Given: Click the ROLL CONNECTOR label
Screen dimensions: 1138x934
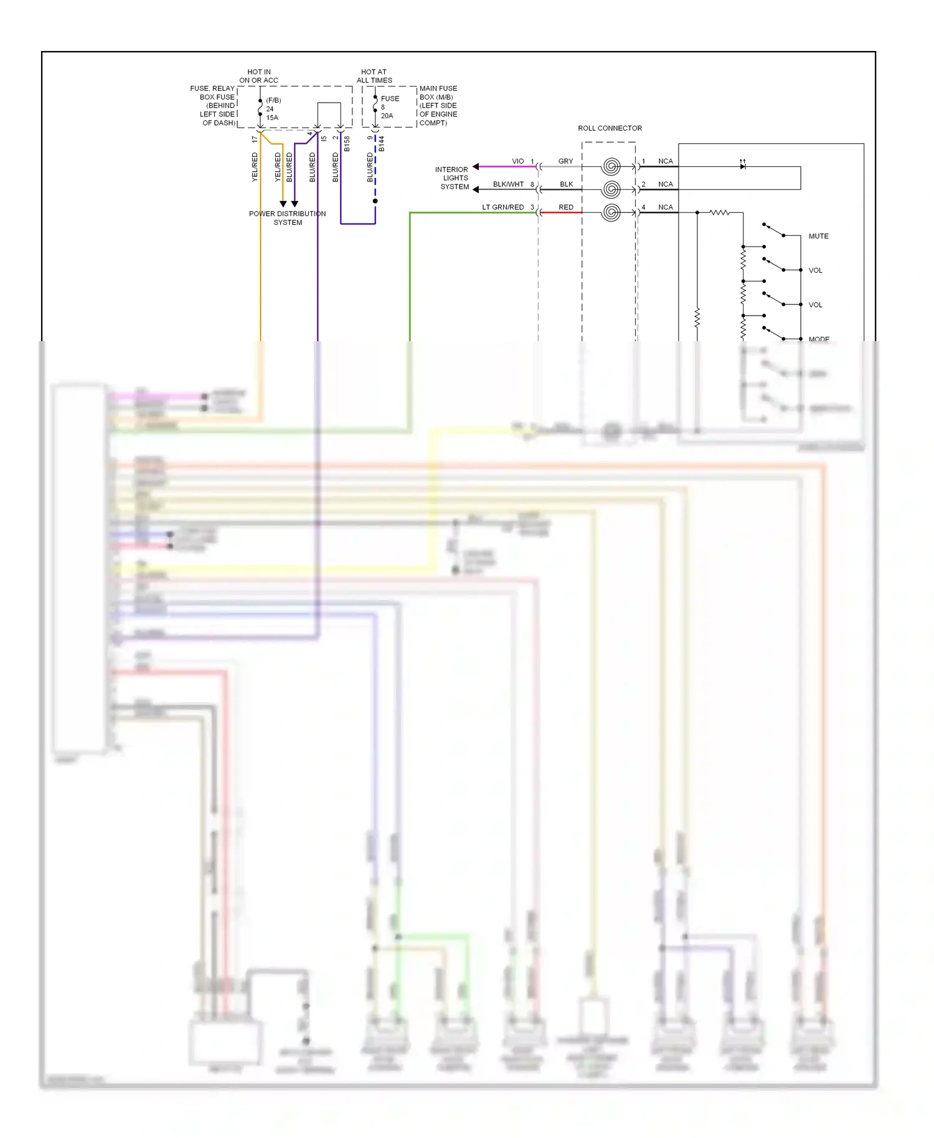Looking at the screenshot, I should [610, 128].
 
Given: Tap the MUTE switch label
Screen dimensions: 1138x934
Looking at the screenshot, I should [818, 237].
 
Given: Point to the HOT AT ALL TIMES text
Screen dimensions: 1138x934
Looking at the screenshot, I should [374, 76].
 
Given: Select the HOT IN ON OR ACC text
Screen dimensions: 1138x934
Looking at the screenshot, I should [258, 76].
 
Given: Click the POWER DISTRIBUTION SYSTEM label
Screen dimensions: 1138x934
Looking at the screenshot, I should [287, 218].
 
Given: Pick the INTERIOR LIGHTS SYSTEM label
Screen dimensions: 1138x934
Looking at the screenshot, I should [453, 178].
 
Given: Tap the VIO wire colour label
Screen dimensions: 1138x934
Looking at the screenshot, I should [517, 161].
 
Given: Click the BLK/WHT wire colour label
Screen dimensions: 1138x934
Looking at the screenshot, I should [508, 184].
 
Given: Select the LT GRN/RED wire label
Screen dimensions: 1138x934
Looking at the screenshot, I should [502, 207].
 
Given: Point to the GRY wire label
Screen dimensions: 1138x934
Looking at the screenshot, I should [565, 161].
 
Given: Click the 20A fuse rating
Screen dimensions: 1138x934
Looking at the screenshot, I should [387, 116].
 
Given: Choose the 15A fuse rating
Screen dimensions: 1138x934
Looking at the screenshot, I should [272, 118].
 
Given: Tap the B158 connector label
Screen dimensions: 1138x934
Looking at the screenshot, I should [347, 144].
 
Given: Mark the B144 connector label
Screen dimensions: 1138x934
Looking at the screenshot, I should [382, 144].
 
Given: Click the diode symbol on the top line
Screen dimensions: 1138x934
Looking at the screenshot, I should [742, 166].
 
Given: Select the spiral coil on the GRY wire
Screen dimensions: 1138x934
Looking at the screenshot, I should [611, 166].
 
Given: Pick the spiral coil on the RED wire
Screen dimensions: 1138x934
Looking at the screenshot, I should [611, 213].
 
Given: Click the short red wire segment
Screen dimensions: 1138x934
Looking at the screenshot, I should [562, 213].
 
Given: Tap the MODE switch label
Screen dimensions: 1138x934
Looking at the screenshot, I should [819, 339].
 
